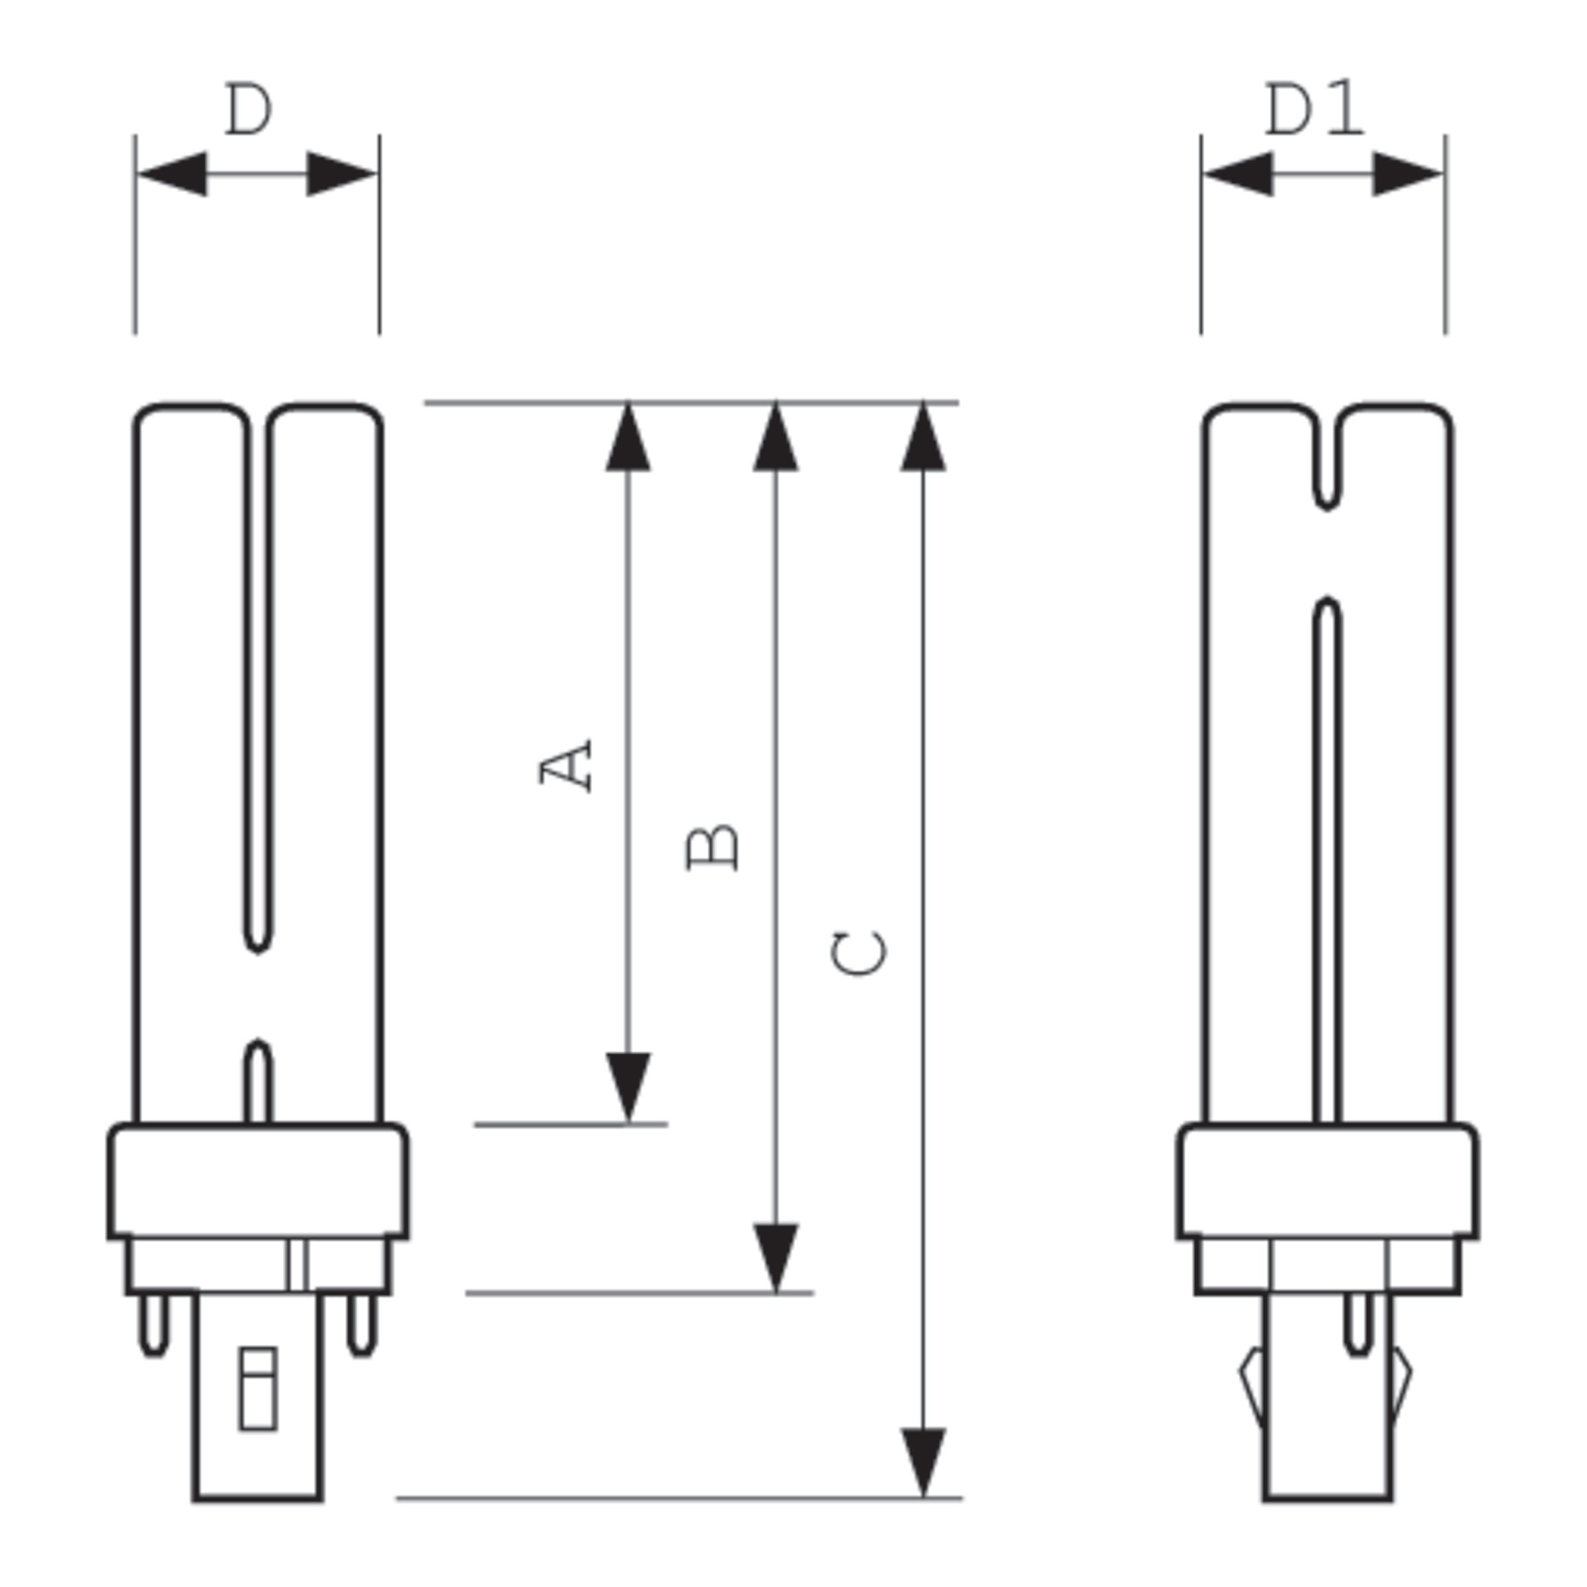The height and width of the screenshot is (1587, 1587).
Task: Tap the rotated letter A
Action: click(x=566, y=766)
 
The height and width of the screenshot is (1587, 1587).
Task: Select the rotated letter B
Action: click(x=712, y=848)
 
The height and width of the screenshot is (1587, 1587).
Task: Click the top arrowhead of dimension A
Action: click(x=628, y=440)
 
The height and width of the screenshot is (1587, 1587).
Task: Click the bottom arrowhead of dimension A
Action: click(x=628, y=1084)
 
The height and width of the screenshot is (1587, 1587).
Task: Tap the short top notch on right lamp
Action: click(x=1327, y=460)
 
